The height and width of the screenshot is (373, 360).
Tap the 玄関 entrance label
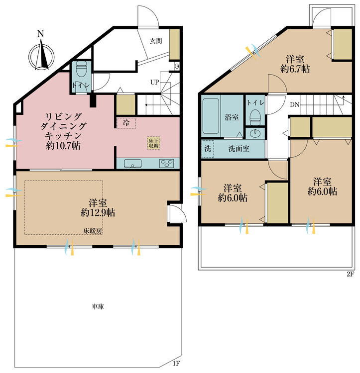click(x=156, y=41)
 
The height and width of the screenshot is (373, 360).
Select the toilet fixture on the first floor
click(x=82, y=72)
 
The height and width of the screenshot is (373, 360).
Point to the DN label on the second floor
click(x=294, y=104)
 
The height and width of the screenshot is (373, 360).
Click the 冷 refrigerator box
click(x=126, y=122)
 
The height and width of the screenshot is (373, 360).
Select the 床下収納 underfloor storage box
click(x=154, y=143)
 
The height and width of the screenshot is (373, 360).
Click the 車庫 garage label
click(x=98, y=307)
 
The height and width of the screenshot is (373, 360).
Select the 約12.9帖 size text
click(x=98, y=212)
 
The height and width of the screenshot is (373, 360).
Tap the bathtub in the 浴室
click(x=212, y=116)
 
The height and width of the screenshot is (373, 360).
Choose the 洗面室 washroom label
click(x=239, y=148)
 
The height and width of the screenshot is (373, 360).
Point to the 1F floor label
click(x=176, y=364)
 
